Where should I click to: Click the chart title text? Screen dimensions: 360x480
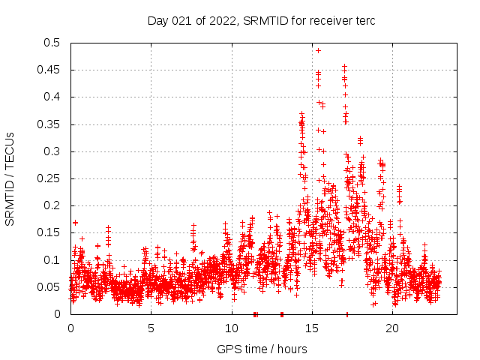tap(261, 21)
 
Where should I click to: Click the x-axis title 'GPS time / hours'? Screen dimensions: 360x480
tap(262, 349)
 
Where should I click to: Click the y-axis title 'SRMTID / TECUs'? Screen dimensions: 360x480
tap(10, 178)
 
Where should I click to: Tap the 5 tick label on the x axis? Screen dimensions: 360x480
tap(151, 328)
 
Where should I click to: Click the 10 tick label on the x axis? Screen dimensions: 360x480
tap(231, 328)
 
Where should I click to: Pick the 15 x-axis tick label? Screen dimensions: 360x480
tap(312, 328)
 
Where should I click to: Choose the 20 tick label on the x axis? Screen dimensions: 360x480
tap(392, 328)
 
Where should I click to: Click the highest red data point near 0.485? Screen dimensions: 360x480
tap(318, 50)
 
